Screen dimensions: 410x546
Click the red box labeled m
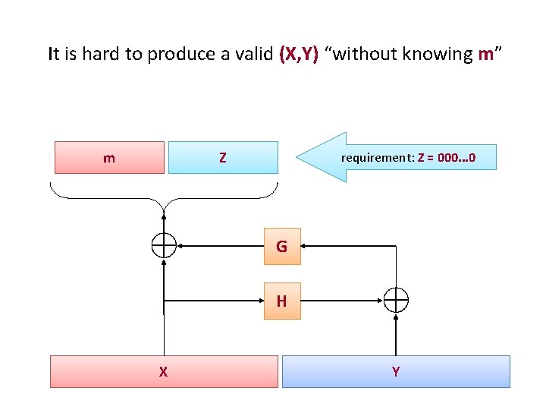(109, 157)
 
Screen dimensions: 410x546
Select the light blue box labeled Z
(222, 157)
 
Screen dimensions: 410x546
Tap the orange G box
(281, 246)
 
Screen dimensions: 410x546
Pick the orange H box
(281, 301)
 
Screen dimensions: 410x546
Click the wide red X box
(164, 371)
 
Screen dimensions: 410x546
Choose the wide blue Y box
(395, 371)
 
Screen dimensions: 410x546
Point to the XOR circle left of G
(164, 246)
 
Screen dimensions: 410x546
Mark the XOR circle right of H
(396, 301)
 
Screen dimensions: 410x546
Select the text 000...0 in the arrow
(457, 158)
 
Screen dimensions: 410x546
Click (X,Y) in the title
(299, 54)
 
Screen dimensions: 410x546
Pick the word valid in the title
(253, 54)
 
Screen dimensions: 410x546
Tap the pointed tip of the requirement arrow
(298, 158)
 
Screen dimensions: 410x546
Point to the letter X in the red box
(163, 371)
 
